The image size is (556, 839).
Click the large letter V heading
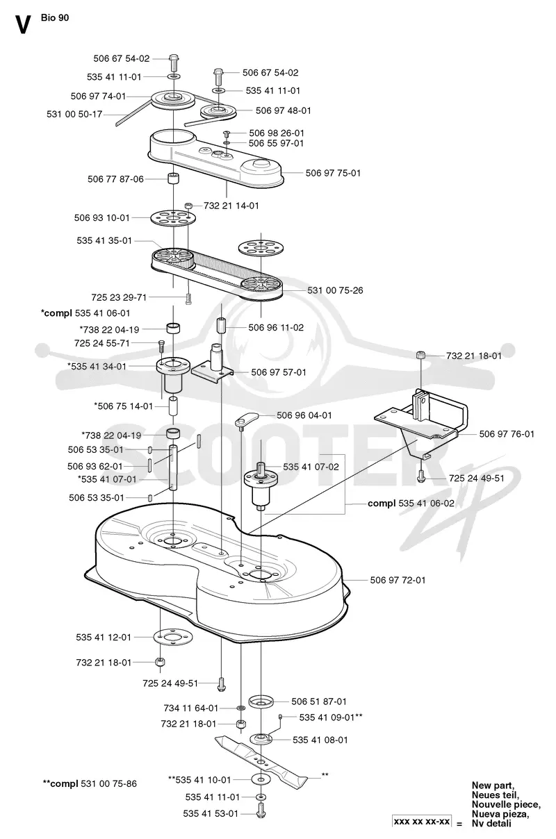click(x=22, y=25)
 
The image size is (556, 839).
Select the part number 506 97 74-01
click(x=98, y=97)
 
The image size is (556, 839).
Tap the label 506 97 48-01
click(x=283, y=110)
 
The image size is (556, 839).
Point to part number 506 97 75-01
click(x=333, y=173)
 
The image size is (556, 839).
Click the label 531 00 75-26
click(x=335, y=290)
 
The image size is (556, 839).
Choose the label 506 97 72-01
click(x=398, y=580)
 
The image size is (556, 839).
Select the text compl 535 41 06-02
click(x=411, y=504)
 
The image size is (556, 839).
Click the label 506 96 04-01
click(x=304, y=415)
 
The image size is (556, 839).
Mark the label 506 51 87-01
click(x=319, y=701)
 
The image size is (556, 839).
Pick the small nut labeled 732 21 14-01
click(x=189, y=206)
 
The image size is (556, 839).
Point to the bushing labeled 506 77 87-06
click(x=173, y=178)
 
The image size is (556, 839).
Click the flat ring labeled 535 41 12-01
click(x=173, y=637)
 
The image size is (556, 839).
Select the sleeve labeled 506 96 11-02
click(x=221, y=325)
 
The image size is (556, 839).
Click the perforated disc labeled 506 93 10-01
click(x=174, y=217)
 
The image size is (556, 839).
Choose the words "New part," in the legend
click(x=493, y=786)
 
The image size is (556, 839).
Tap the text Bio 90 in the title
click(x=55, y=17)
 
